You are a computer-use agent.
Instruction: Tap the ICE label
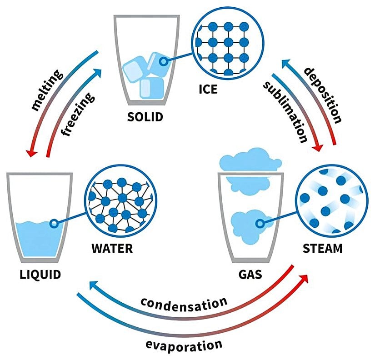[208, 89]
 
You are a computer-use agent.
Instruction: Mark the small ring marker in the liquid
[54, 223]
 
